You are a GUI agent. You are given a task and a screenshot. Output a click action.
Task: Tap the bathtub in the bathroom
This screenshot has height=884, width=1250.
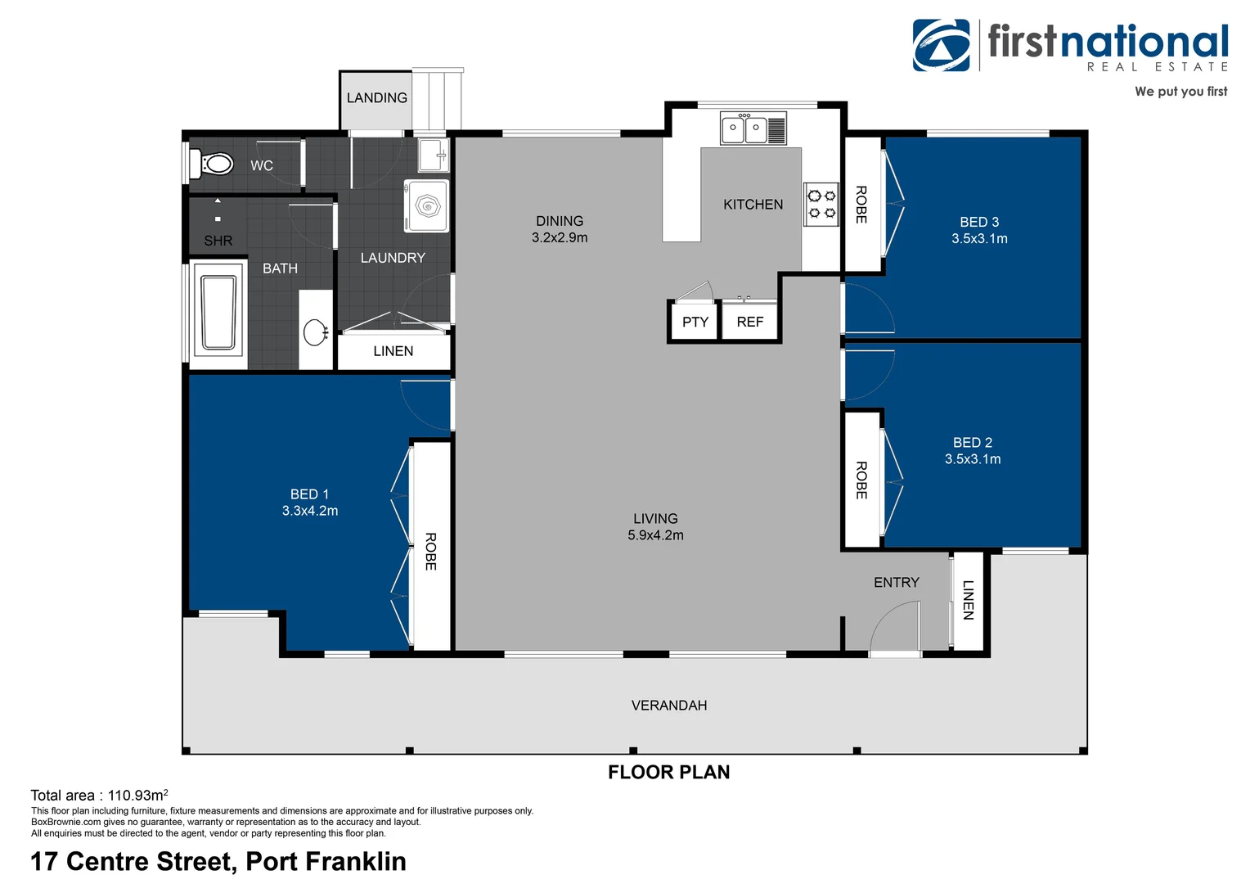(x=218, y=313)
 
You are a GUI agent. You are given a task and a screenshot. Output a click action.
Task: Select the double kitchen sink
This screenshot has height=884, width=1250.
(x=753, y=128)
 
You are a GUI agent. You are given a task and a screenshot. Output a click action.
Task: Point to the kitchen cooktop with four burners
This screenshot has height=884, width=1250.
(x=821, y=205)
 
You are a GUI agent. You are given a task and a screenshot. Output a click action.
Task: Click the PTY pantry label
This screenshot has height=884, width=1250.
(x=695, y=322)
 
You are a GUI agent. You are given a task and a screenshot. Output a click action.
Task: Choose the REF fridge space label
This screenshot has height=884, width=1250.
(x=750, y=322)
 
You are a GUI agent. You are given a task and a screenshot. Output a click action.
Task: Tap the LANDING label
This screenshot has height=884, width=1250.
(x=376, y=97)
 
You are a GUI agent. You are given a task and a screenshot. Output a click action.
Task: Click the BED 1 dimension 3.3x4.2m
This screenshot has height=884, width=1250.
(x=310, y=511)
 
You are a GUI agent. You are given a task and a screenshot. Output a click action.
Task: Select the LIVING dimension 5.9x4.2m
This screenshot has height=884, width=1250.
(x=656, y=535)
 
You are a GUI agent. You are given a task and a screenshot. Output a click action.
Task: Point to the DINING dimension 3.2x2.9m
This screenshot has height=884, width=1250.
(x=560, y=238)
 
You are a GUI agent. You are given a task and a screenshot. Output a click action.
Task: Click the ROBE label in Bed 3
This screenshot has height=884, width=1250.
(x=861, y=205)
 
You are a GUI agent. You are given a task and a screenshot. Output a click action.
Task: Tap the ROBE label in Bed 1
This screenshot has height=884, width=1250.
(x=430, y=552)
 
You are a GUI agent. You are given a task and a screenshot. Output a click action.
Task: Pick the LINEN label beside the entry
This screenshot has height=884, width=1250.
(x=969, y=600)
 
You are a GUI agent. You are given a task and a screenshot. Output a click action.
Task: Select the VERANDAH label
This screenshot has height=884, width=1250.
(x=669, y=706)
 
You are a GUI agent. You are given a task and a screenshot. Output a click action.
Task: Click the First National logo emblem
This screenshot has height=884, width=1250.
(x=942, y=45)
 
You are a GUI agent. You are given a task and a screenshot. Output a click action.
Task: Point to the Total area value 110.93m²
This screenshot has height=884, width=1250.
(x=137, y=795)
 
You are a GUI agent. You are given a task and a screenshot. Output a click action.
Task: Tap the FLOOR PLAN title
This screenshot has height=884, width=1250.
(x=668, y=773)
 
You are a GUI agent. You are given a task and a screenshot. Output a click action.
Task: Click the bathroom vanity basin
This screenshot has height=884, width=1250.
(x=315, y=333)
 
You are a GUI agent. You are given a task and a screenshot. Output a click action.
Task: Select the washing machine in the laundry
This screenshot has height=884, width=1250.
(x=426, y=206)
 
